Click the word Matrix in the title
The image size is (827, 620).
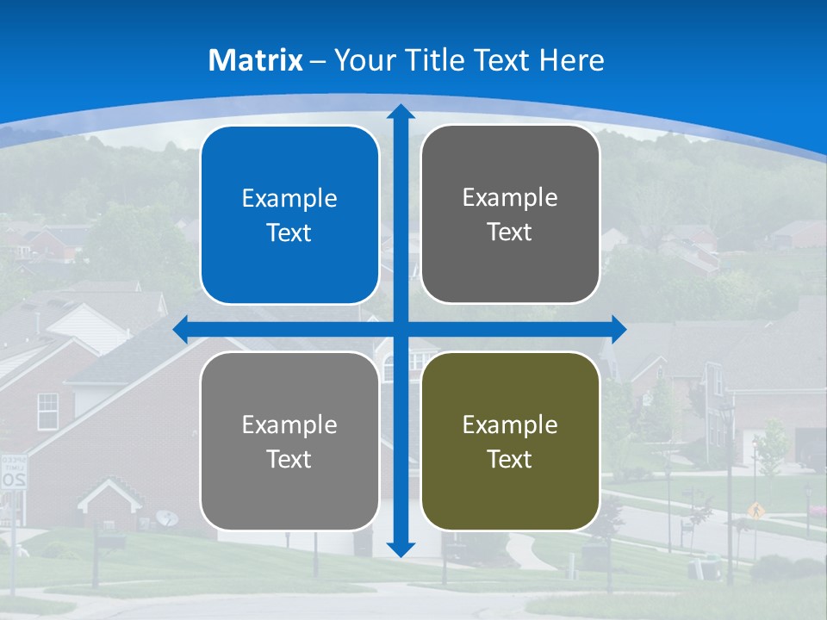click(256, 60)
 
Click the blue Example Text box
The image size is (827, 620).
click(289, 215)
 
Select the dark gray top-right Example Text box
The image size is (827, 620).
click(510, 214)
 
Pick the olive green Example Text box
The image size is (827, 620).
click(510, 441)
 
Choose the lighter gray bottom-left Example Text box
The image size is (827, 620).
click(289, 441)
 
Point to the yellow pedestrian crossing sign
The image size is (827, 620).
click(755, 510)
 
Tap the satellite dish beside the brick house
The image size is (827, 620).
click(167, 518)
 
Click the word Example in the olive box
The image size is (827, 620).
click(510, 425)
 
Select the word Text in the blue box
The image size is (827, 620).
click(289, 233)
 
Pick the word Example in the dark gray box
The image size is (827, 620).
click(510, 198)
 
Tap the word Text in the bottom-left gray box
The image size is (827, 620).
click(289, 459)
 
